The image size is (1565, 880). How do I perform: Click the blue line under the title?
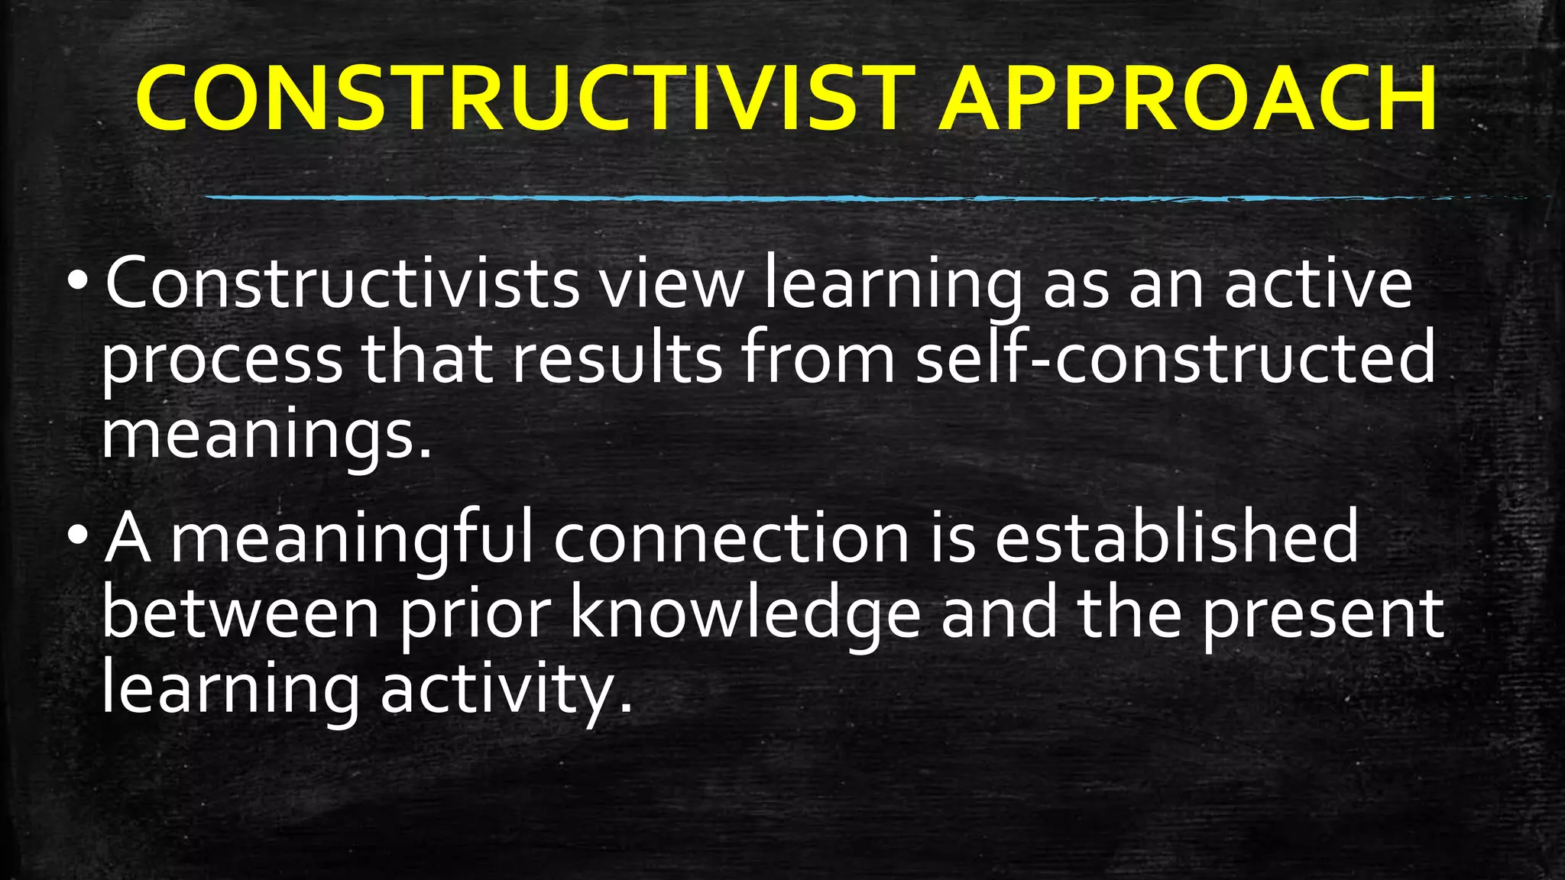[x=841, y=199]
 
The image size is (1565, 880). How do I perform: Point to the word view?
[x=670, y=284]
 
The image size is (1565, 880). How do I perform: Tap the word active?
[x=1318, y=284]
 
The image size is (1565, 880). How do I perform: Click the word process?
[x=222, y=359]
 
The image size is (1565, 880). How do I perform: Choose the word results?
[x=616, y=359]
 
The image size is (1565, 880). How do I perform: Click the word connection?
[x=731, y=539]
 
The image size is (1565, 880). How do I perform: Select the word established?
[x=1177, y=539]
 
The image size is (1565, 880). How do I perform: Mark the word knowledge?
[x=746, y=615]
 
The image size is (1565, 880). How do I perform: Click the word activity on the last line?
[x=504, y=690]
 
